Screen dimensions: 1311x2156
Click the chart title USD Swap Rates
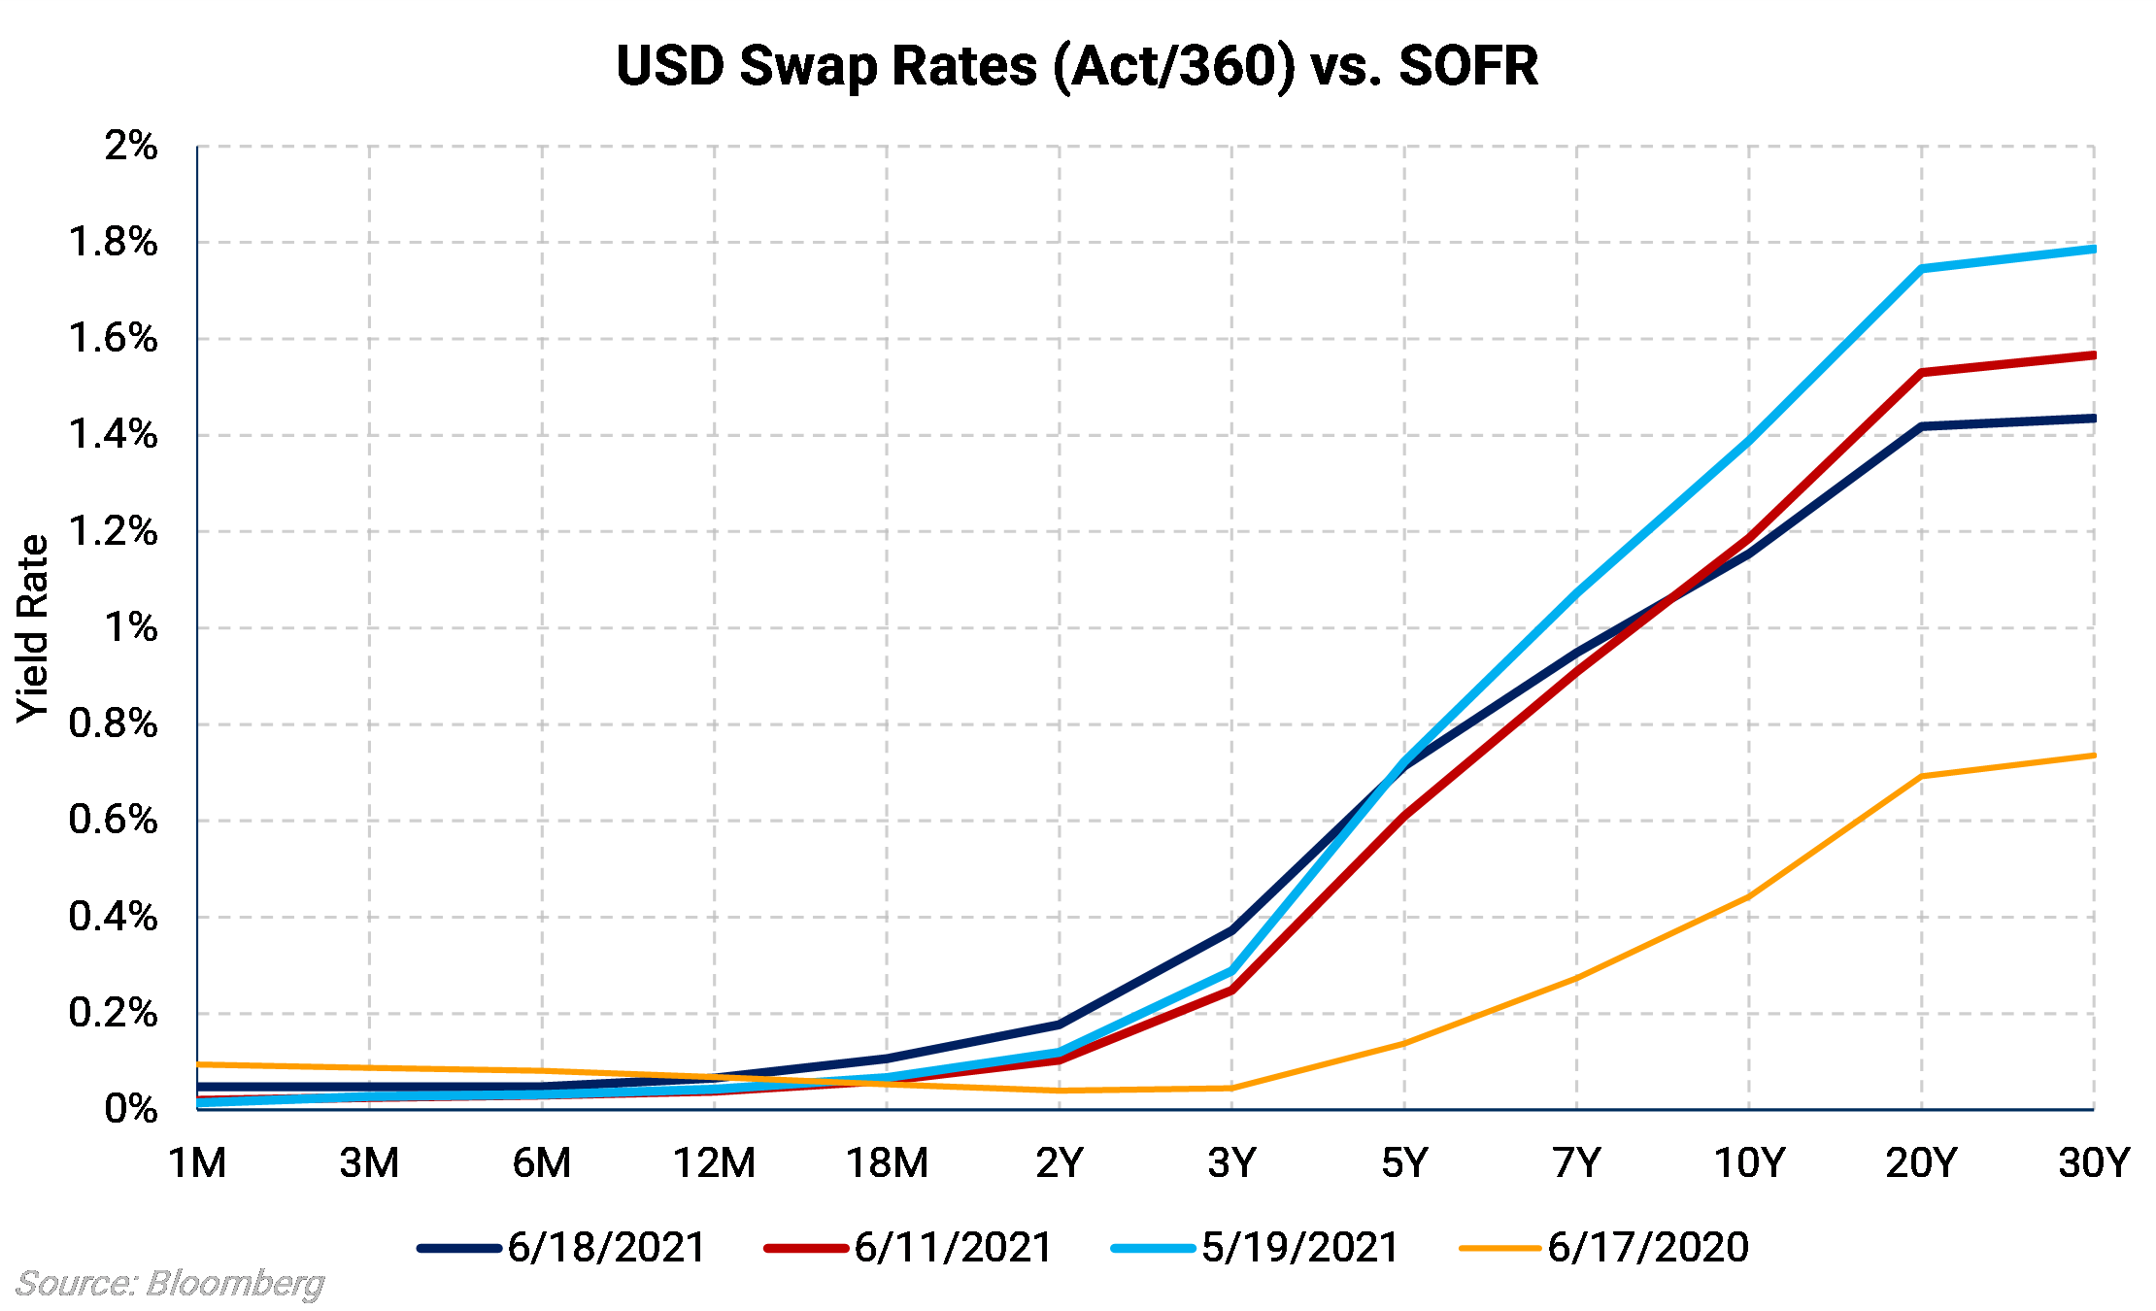[x=1077, y=66]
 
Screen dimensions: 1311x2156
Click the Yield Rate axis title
[x=33, y=628]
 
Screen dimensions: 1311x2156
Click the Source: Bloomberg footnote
[x=171, y=1284]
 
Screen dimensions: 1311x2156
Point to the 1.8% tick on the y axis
[x=113, y=242]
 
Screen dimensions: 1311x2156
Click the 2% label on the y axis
[x=130, y=146]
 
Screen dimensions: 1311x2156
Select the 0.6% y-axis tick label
[x=113, y=820]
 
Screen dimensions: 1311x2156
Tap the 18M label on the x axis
[x=887, y=1162]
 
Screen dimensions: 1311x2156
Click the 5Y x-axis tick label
[x=1404, y=1162]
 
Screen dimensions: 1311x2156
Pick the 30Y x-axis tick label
[x=2093, y=1162]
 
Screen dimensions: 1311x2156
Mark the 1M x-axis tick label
[x=197, y=1162]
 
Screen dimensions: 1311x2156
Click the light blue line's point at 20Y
[x=1921, y=268]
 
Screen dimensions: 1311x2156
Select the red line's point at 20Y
[x=1921, y=373]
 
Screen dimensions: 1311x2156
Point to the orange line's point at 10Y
[x=1749, y=896]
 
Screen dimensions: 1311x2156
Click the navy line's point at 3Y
[x=1231, y=930]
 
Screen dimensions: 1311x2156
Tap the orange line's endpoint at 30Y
[x=2093, y=755]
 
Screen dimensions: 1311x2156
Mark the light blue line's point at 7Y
[x=1576, y=592]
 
